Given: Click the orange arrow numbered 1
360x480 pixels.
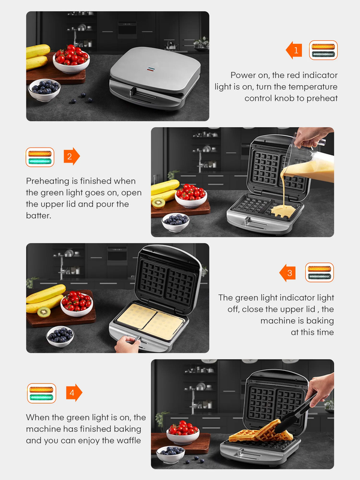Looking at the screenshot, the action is pos(294,50).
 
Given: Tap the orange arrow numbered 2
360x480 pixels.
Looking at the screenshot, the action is pos(71,157).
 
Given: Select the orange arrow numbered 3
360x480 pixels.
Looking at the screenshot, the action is pos(287,272).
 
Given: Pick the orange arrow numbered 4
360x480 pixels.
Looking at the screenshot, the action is pos(74,392).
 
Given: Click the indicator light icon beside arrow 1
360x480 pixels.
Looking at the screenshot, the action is pos(323,50).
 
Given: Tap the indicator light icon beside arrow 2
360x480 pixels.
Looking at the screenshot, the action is pos(40,157).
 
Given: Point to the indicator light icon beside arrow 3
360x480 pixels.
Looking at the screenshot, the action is pos(319,272).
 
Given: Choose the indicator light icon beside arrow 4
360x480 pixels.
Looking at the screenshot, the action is pos(41,394).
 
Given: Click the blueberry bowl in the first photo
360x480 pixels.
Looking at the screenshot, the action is pos(44,89).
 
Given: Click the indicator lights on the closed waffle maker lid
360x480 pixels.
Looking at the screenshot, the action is pos(150,69).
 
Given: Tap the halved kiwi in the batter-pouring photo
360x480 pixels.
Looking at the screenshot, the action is pos(158,203).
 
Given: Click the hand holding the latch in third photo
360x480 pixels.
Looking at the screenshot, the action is pos(127,344).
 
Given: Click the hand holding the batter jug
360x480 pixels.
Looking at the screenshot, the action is pos(312,136).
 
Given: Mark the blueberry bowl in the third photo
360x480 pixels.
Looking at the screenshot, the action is pos(60,336).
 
